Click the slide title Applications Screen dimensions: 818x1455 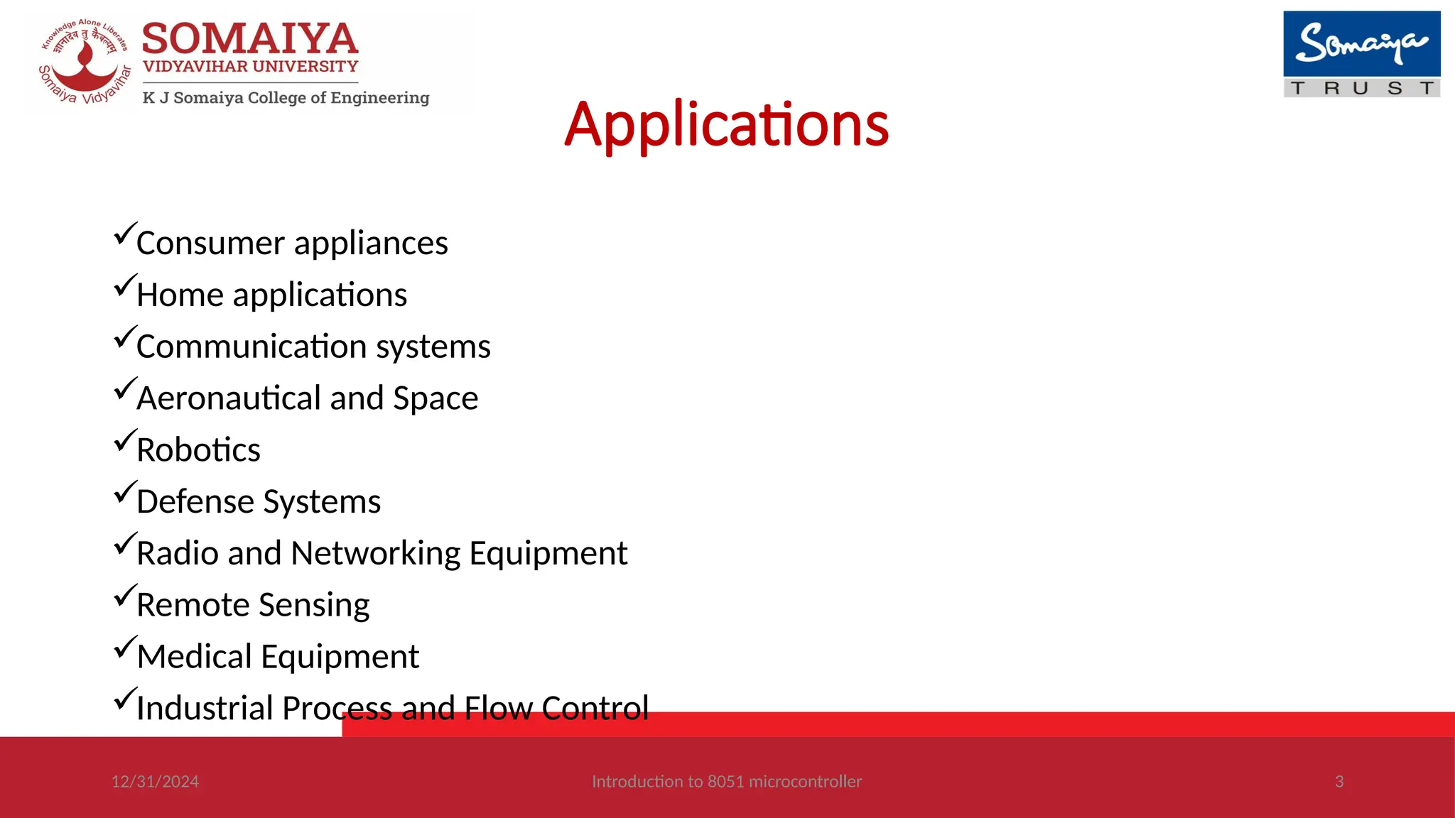(726, 125)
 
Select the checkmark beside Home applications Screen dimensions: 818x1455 (124, 286)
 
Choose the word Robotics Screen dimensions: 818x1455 (198, 450)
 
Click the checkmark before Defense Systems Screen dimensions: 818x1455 (124, 493)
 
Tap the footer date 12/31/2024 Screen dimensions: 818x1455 (155, 782)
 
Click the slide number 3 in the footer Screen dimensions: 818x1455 (1339, 782)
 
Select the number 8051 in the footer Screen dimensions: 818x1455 (725, 782)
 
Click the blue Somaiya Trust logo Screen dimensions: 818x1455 (1361, 54)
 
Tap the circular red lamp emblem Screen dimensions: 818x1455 (85, 62)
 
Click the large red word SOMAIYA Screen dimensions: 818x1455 (250, 39)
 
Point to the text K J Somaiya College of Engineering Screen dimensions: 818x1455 (286, 98)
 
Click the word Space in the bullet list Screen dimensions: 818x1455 (436, 398)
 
